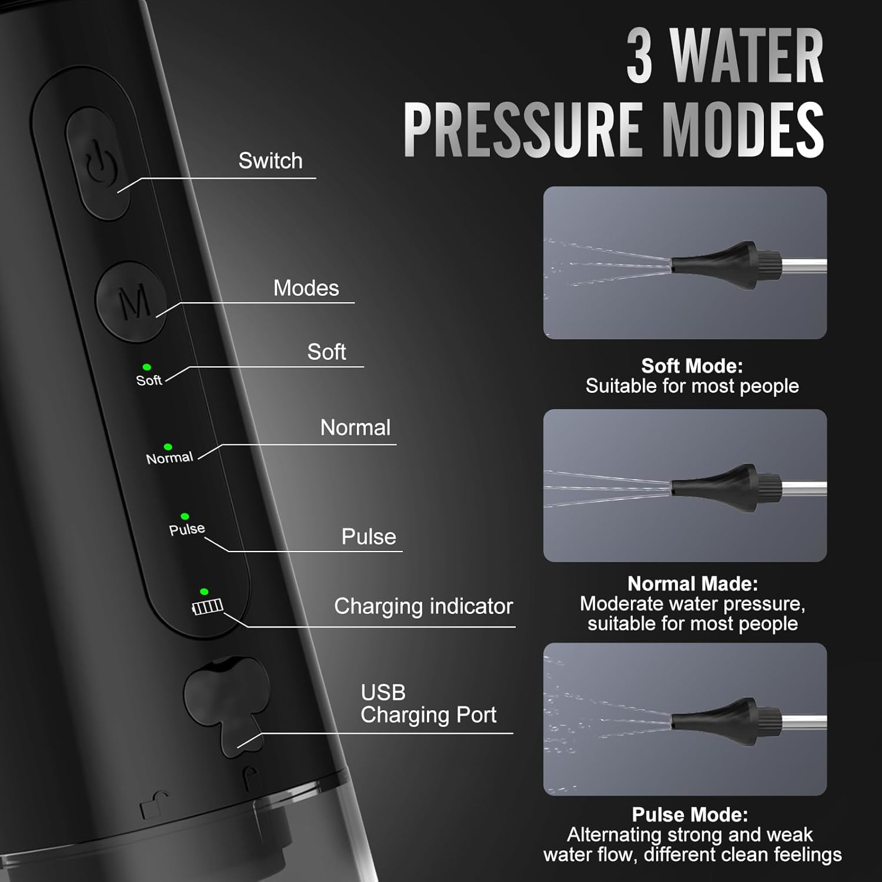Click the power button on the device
98,163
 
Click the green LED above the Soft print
146,367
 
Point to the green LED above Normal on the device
168,447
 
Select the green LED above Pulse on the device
185,516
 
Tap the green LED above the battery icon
204,592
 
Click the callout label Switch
270,161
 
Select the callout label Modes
306,288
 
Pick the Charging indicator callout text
423,606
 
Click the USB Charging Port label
429,704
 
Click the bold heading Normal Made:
693,583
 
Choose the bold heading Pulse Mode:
690,814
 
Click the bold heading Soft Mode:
692,366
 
